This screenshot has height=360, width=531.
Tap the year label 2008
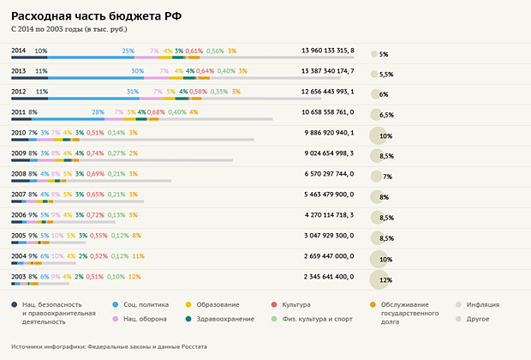coord(18,174)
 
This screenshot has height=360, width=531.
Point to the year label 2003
coord(18,277)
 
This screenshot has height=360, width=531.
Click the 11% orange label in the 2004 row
coord(139,256)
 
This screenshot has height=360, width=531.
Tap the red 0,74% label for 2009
coord(95,153)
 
